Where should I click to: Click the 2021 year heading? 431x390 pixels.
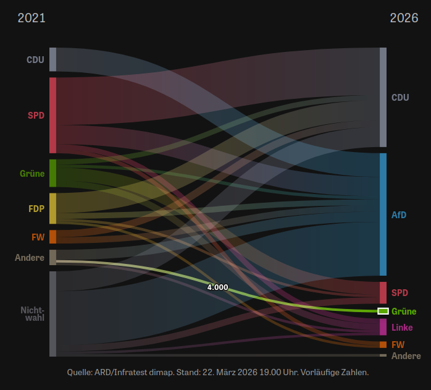tap(31, 18)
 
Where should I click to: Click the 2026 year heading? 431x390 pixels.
tap(404, 18)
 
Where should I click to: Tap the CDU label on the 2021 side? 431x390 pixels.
tap(35, 60)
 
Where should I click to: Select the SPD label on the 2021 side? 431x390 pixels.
tap(36, 115)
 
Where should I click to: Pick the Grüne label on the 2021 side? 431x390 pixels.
tap(32, 174)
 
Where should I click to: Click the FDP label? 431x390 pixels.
tap(36, 208)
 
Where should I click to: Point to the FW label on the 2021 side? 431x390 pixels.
tap(38, 237)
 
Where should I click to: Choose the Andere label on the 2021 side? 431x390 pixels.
tap(30, 257)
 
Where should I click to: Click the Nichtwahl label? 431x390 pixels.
tap(32, 313)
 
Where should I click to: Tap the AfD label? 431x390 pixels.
tap(399, 214)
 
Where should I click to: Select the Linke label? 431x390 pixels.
tap(402, 327)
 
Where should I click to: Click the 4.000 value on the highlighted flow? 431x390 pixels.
tap(217, 287)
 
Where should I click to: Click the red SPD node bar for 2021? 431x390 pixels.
tap(53, 115)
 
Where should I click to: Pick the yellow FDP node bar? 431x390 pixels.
tap(53, 208)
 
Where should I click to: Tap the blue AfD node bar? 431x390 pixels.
tap(383, 214)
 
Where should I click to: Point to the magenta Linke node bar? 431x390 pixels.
tap(383, 327)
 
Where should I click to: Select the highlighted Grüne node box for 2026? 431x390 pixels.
tap(383, 311)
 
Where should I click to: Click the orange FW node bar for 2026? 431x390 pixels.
tap(383, 344)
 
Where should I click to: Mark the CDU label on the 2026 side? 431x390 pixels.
tap(400, 98)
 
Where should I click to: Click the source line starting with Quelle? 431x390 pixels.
tap(217, 372)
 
